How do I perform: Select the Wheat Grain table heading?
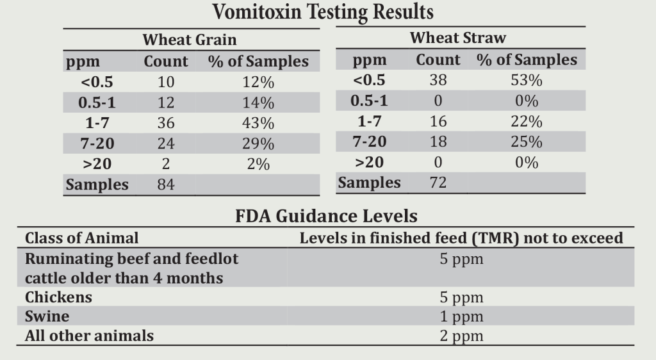pyautogui.click(x=189, y=40)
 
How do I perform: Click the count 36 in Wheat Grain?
pyautogui.click(x=166, y=123)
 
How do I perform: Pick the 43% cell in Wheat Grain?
pyautogui.click(x=258, y=123)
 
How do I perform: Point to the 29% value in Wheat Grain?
pyautogui.click(x=258, y=143)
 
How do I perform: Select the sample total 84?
pyautogui.click(x=166, y=185)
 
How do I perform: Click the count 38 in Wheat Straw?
pyautogui.click(x=438, y=81)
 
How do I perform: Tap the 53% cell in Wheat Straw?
pyautogui.click(x=527, y=81)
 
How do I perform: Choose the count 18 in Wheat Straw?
pyautogui.click(x=438, y=142)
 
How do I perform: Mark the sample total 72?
pyautogui.click(x=438, y=183)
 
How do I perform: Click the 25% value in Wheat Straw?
pyautogui.click(x=527, y=142)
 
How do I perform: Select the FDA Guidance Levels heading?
pyautogui.click(x=327, y=216)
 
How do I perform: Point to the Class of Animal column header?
pyautogui.click(x=81, y=238)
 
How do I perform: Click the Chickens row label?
pyautogui.click(x=58, y=297)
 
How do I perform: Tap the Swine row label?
pyautogui.click(x=47, y=316)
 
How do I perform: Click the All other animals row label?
pyautogui.click(x=89, y=336)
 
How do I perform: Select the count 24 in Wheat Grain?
pyautogui.click(x=166, y=143)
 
